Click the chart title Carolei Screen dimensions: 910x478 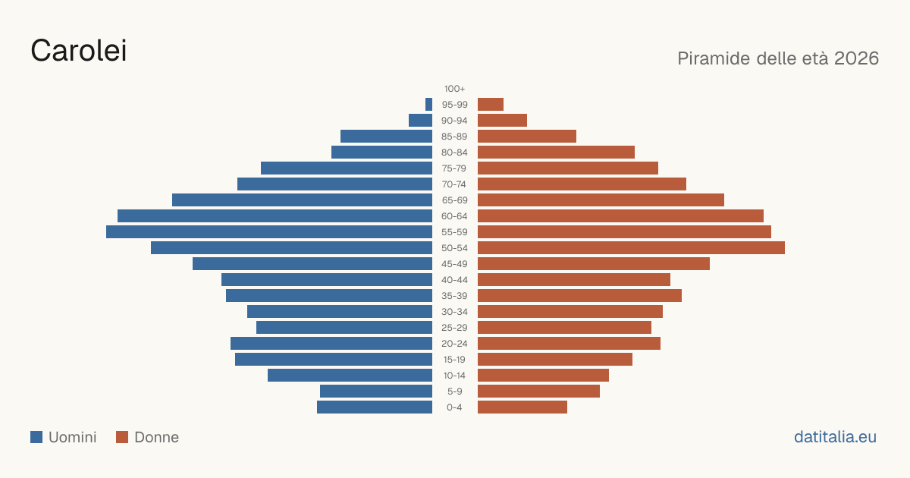tap(79, 51)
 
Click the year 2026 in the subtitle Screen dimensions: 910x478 tap(856, 58)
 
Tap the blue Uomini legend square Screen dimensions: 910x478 tap(36, 437)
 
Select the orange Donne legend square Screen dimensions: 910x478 tap(122, 437)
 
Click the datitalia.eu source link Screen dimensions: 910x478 tap(835, 437)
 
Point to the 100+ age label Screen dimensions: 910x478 tap(454, 89)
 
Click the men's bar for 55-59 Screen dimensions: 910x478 tap(269, 231)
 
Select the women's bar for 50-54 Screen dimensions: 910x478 tap(631, 247)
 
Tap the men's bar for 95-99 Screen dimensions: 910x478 tap(428, 104)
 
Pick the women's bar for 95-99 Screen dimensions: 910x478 tap(491, 104)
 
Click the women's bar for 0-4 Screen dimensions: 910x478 tap(522, 407)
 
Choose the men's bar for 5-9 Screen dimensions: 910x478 tap(376, 391)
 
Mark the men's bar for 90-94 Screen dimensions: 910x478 tap(420, 120)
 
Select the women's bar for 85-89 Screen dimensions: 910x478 tap(527, 136)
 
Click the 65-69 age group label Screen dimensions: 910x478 tap(454, 200)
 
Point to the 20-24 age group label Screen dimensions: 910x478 tap(454, 344)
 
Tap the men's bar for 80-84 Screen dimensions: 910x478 tap(382, 152)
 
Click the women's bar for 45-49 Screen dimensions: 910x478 tap(594, 263)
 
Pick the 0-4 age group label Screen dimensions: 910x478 tap(454, 407)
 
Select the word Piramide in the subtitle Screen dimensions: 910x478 tap(714, 58)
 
